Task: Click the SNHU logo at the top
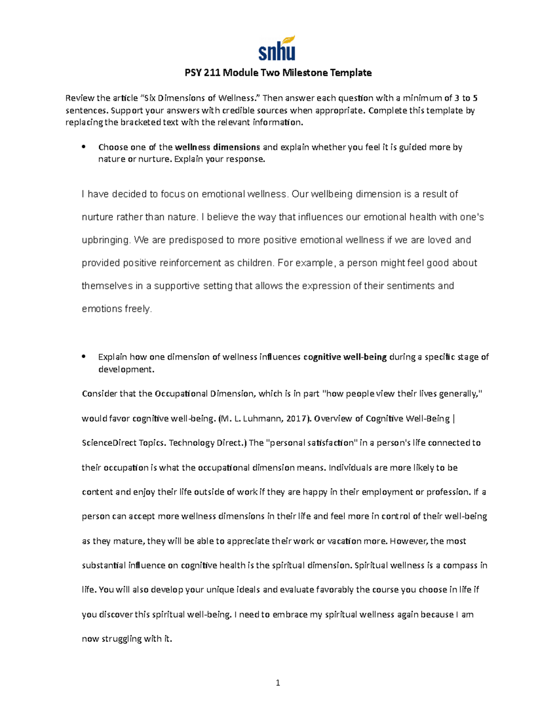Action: pyautogui.click(x=277, y=48)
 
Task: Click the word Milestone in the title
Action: pyautogui.click(x=303, y=72)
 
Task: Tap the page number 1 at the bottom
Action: pyautogui.click(x=278, y=682)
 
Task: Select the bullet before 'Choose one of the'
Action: pyautogui.click(x=84, y=147)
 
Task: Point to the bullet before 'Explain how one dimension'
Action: pyautogui.click(x=84, y=357)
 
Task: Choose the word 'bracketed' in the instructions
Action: pyautogui.click(x=141, y=123)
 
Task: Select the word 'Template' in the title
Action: pyautogui.click(x=351, y=72)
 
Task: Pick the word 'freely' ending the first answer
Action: pyautogui.click(x=138, y=309)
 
